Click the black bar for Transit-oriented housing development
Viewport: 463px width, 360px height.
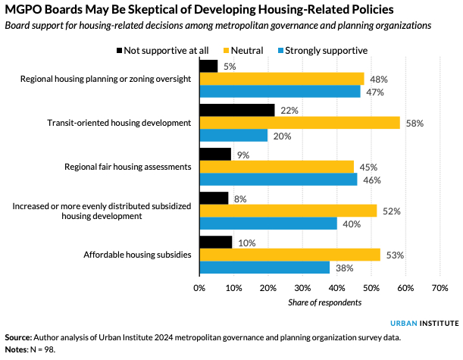(236, 110)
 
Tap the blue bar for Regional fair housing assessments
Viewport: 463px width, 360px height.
(277, 180)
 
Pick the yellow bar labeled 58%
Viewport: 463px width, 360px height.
(299, 123)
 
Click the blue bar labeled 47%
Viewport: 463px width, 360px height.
(280, 92)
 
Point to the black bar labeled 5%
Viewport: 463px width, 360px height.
(208, 66)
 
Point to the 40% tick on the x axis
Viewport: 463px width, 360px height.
(336, 288)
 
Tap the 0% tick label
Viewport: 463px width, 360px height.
(199, 288)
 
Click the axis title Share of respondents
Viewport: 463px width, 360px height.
(324, 302)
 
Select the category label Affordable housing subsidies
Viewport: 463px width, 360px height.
(136, 255)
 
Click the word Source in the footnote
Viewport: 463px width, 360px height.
(18, 337)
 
